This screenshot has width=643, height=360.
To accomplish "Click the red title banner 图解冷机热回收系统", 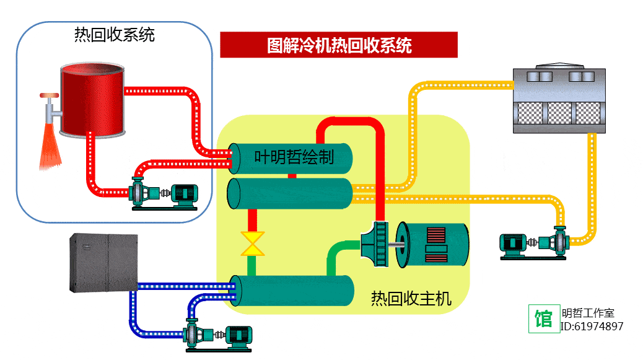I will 339,45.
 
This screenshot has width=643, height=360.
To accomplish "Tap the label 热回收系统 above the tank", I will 114,35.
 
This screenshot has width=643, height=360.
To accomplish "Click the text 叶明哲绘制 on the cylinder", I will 294,158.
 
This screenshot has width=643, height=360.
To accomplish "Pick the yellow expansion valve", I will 252,244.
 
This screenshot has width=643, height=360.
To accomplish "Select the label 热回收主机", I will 411,299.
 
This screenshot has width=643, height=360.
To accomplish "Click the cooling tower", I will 557,99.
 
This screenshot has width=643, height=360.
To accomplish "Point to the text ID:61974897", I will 592,327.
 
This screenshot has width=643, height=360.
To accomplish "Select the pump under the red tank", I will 164,194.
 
